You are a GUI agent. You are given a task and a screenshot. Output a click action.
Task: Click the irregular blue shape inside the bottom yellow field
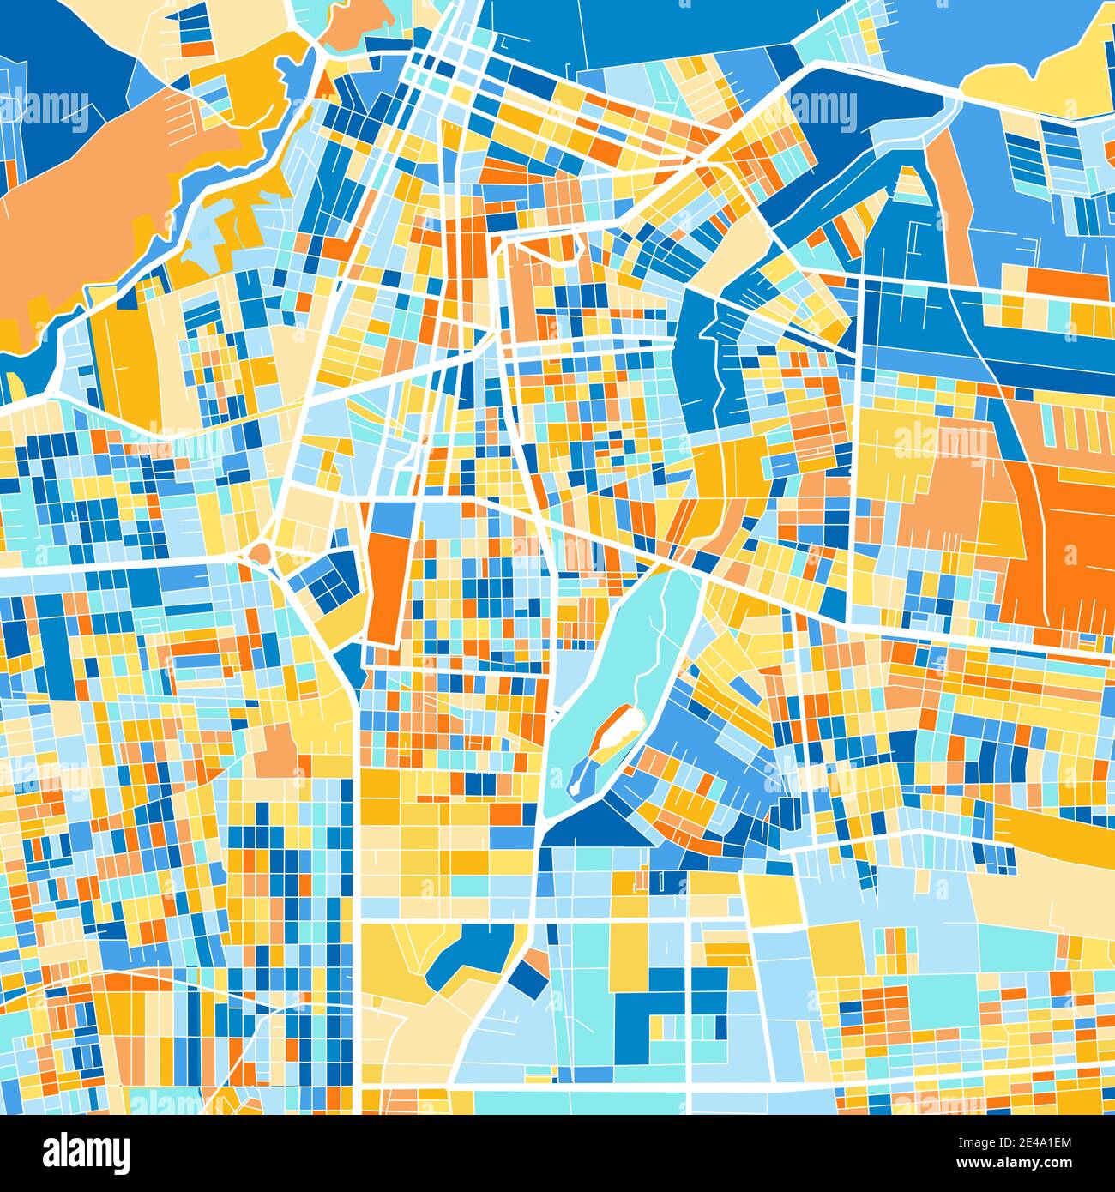pyautogui.click(x=467, y=952)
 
